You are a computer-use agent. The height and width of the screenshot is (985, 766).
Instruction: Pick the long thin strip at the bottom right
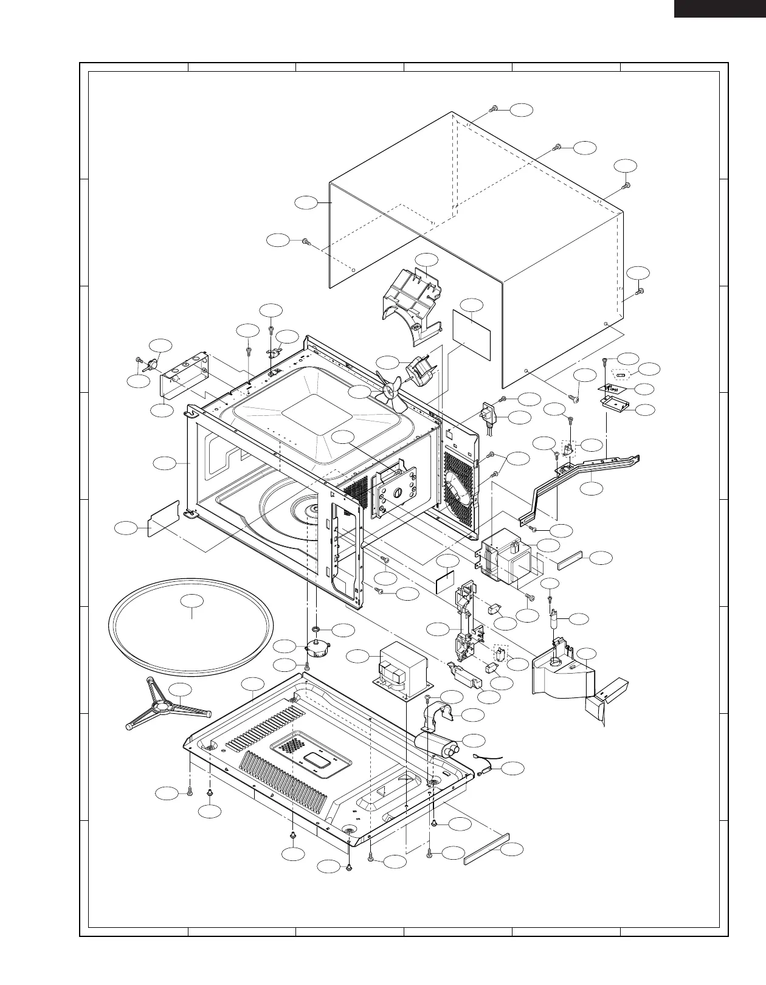(x=486, y=849)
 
